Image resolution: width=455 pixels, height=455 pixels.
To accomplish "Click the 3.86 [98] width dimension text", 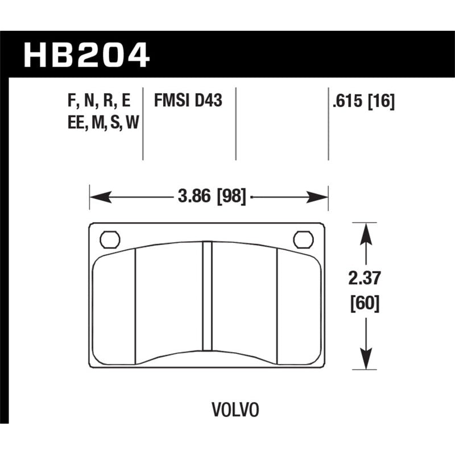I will [212, 197].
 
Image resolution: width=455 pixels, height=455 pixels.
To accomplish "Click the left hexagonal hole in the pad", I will [109, 239].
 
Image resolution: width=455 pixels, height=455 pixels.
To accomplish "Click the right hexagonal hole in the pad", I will [304, 239].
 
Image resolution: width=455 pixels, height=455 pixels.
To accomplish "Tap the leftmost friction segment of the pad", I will [113, 307].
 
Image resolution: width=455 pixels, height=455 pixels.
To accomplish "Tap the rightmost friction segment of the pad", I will [299, 307].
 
